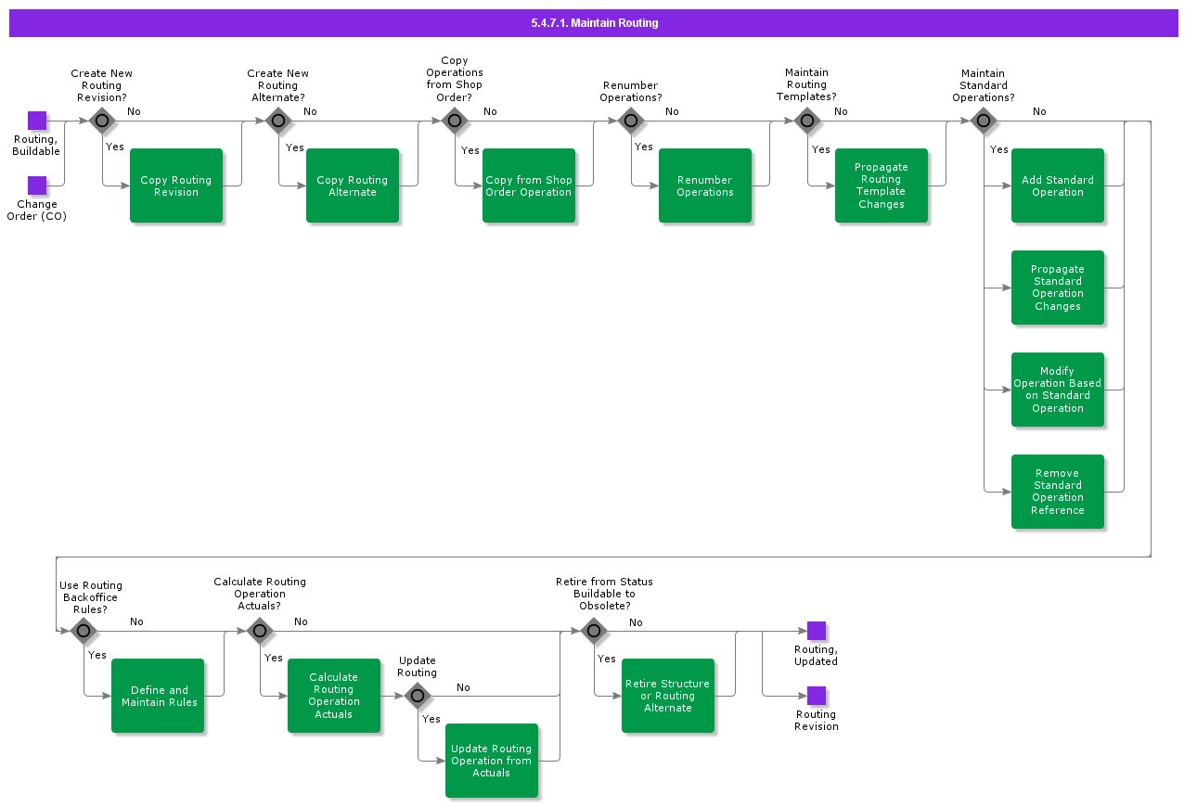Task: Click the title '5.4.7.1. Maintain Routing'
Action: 594,23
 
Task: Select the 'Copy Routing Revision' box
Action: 176,186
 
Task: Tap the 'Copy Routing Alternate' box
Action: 353,186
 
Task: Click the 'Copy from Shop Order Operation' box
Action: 529,186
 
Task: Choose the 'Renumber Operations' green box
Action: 705,186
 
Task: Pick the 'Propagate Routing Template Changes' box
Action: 882,186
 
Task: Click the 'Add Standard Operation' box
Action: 1058,186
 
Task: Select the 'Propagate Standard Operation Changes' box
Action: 1058,288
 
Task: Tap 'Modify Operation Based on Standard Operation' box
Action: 1058,390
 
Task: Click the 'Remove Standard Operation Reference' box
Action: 1058,492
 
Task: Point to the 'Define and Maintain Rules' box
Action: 158,696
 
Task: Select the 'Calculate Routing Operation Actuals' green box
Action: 334,696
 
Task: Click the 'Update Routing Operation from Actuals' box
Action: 492,761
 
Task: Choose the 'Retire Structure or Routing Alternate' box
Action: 668,696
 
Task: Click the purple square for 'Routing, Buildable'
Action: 37,121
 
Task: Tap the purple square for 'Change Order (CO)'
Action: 37,186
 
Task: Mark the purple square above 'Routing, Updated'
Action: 817,631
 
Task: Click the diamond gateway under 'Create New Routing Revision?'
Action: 102,121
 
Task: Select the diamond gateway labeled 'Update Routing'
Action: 418,696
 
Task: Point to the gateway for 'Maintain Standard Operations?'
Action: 984,121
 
